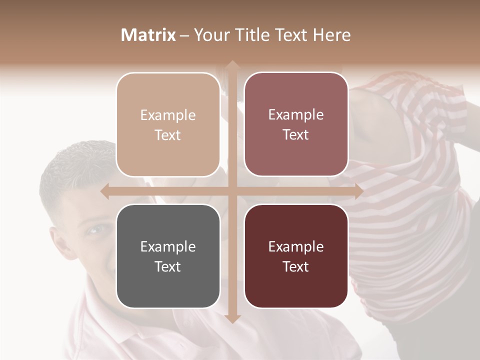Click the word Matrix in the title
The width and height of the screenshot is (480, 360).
click(x=148, y=35)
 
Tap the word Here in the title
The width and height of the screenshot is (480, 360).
click(x=332, y=35)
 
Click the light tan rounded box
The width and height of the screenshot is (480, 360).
click(x=168, y=124)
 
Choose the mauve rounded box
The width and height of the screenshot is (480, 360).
click(x=296, y=124)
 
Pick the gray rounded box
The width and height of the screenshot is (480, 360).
click(x=168, y=256)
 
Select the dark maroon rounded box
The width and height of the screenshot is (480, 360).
click(x=296, y=256)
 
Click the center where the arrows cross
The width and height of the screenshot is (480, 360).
click(x=232, y=191)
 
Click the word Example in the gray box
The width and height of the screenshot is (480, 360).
click(x=168, y=246)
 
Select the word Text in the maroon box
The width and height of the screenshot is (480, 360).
click(x=296, y=266)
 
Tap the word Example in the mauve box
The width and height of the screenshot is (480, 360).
click(x=296, y=114)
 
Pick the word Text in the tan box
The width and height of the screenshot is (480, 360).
click(x=168, y=135)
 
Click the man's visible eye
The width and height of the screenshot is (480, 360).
click(x=94, y=229)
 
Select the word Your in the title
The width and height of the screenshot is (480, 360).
click(x=209, y=35)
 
